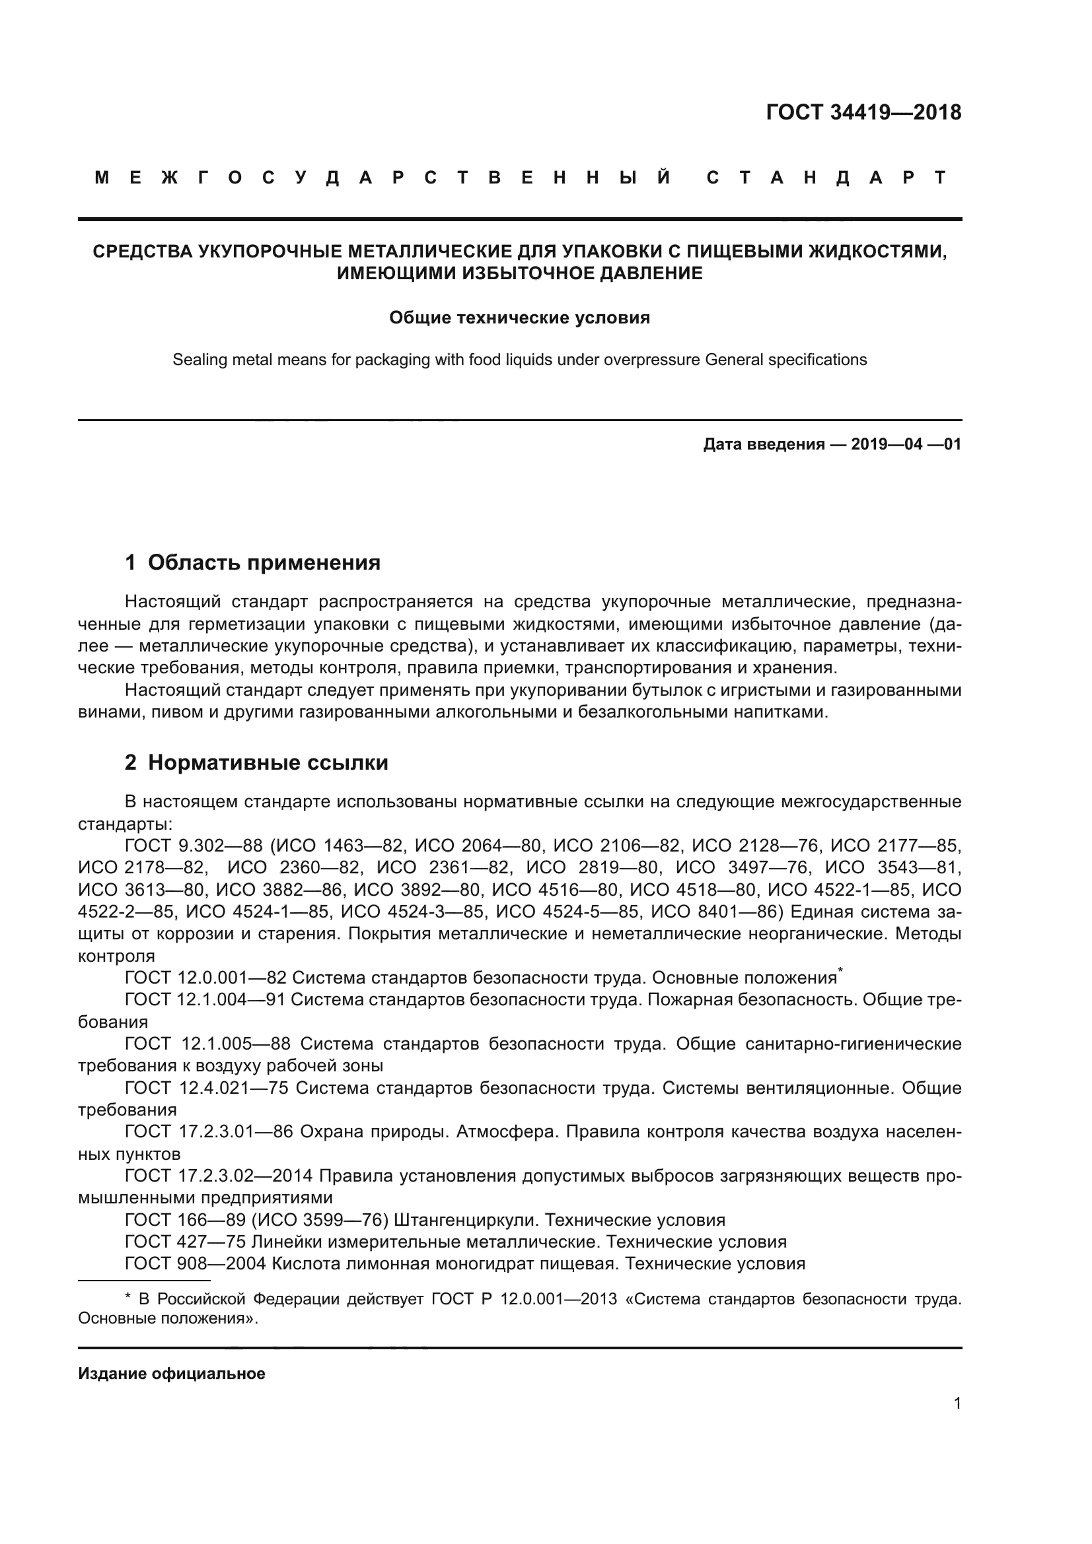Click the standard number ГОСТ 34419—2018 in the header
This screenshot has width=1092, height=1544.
click(x=863, y=112)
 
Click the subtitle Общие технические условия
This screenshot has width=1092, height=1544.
click(x=519, y=318)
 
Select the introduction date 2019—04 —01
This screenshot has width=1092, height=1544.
click(x=906, y=444)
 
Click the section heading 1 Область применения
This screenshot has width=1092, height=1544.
click(x=252, y=562)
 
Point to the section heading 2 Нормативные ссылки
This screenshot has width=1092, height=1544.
click(x=256, y=762)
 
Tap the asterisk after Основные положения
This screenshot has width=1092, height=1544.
click(x=840, y=971)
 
